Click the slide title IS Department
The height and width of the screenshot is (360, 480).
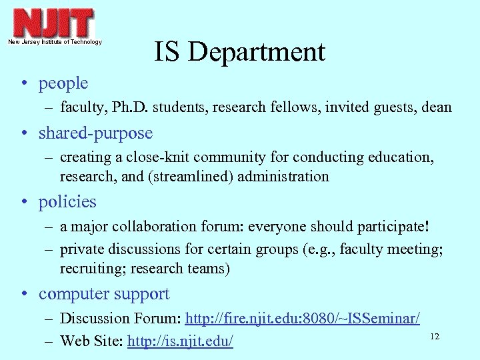pyautogui.click(x=240, y=52)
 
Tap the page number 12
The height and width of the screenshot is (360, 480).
pyautogui.click(x=435, y=337)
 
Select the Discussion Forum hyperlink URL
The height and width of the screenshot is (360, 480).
pyautogui.click(x=303, y=319)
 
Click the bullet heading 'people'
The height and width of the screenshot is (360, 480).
pyautogui.click(x=63, y=83)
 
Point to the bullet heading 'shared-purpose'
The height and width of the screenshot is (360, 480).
pyautogui.click(x=95, y=133)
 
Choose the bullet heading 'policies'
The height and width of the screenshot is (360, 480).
pyautogui.click(x=67, y=201)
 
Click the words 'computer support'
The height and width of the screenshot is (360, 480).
pyautogui.click(x=104, y=294)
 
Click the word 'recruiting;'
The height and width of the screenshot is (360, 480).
pyautogui.click(x=90, y=269)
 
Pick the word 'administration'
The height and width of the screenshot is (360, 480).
pyautogui.click(x=288, y=177)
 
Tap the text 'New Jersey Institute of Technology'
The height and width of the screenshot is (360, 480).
pyautogui.click(x=55, y=42)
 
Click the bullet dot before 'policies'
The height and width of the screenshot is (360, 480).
pyautogui.click(x=23, y=202)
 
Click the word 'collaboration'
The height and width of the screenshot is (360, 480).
pyautogui.click(x=151, y=227)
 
